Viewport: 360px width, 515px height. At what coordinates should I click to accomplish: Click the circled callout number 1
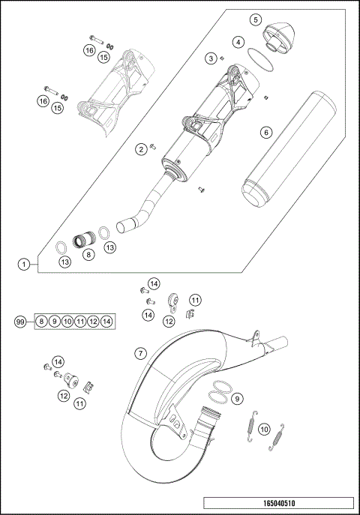(25, 264)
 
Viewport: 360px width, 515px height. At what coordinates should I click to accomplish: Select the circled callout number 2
(141, 149)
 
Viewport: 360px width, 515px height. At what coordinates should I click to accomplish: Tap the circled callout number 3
(212, 58)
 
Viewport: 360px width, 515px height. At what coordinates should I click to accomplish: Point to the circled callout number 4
(238, 42)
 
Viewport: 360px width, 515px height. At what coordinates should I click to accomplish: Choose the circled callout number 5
(256, 19)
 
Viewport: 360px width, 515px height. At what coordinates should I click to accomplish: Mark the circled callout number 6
(265, 132)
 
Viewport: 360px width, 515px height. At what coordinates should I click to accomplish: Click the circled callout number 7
(140, 352)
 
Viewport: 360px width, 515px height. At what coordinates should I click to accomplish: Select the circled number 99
(20, 322)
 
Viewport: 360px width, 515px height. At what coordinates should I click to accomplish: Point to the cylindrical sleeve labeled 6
(283, 150)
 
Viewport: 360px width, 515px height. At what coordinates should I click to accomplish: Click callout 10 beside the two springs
(263, 429)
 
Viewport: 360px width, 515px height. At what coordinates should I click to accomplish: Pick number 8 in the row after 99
(42, 322)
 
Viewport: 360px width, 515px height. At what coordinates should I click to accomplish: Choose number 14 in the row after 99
(106, 322)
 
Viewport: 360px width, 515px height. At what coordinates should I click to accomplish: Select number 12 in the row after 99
(94, 322)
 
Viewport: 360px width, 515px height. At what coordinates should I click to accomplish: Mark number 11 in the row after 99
(81, 322)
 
